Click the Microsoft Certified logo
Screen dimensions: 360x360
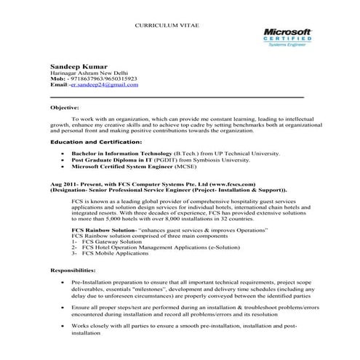pyautogui.click(x=286, y=38)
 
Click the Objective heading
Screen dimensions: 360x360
pyautogui.click(x=65, y=107)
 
